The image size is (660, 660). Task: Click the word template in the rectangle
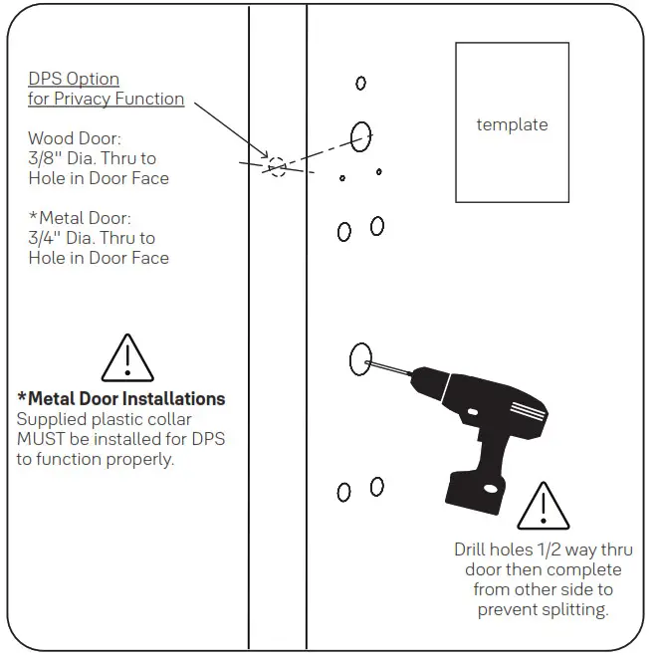512,124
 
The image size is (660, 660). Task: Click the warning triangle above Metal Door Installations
128,358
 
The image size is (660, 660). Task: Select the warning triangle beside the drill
544,507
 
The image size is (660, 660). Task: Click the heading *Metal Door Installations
121,398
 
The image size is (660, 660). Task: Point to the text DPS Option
74,79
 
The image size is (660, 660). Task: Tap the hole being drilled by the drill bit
360,358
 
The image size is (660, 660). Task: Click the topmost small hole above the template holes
360,84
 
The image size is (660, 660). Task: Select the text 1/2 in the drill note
554,550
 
